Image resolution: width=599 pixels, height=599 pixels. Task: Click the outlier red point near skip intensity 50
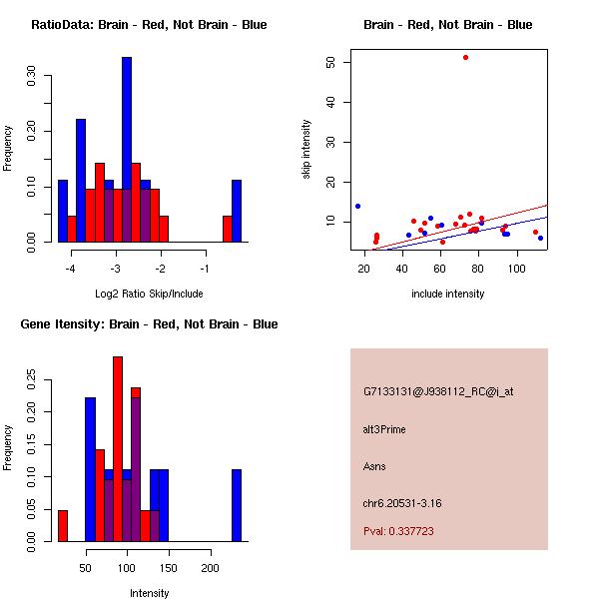point(465,57)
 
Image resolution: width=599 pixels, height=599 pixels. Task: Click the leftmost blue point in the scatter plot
point(357,206)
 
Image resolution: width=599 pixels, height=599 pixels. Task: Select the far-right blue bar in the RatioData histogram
point(237,210)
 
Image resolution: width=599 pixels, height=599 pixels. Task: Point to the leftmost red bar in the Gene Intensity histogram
point(62,525)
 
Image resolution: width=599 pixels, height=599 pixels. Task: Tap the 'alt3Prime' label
point(384,429)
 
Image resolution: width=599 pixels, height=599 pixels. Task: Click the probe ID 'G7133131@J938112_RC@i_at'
point(438,392)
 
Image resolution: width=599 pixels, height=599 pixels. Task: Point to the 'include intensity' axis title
point(448,294)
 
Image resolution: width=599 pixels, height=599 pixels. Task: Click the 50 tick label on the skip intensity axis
point(329,62)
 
